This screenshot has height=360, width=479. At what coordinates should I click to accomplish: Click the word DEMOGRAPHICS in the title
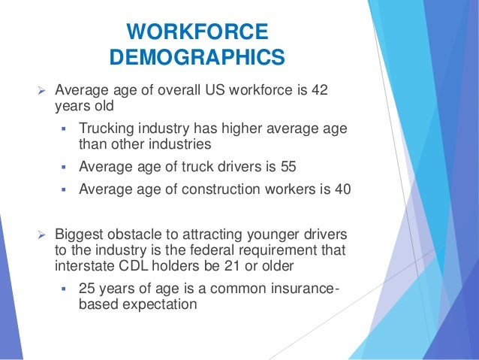[197, 58]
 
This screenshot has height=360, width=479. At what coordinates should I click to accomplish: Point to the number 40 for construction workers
[342, 189]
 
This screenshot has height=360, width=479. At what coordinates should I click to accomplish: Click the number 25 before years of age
[89, 288]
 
